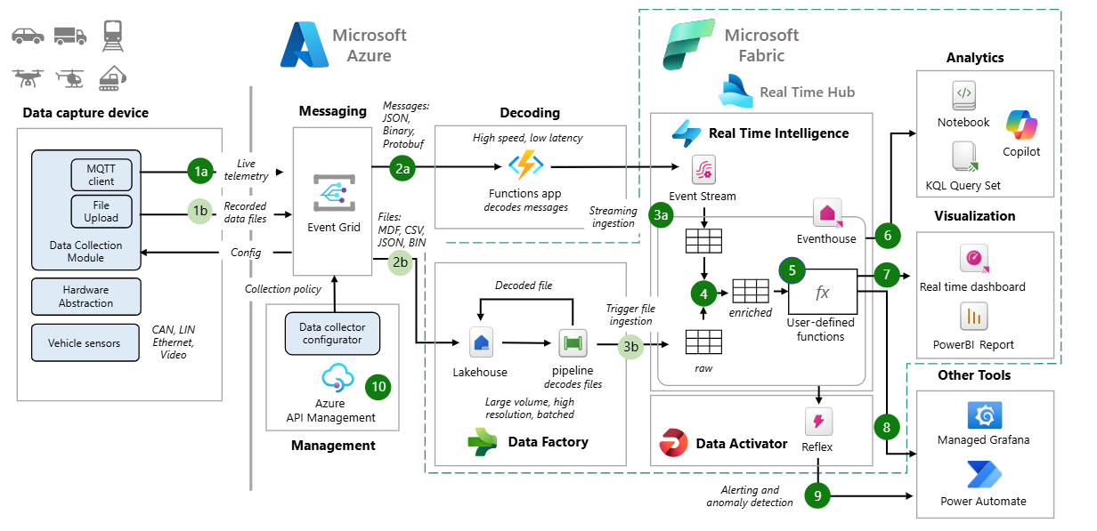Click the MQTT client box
(101, 173)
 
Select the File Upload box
(101, 211)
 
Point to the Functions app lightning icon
(524, 166)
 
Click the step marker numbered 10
(378, 386)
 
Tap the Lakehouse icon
(482, 342)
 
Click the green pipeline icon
(572, 342)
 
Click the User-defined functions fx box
(821, 292)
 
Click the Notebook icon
(963, 96)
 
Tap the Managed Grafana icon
(984, 415)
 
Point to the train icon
(113, 34)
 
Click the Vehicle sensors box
(85, 342)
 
